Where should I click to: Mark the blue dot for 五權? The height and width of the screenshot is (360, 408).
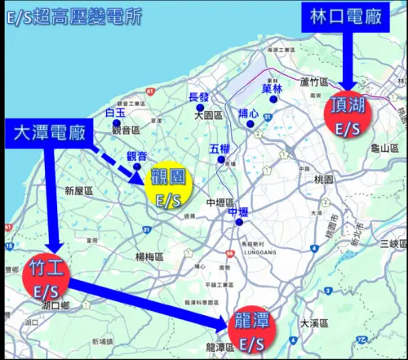220,160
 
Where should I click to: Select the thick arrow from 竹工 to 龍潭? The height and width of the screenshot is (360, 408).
147,304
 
